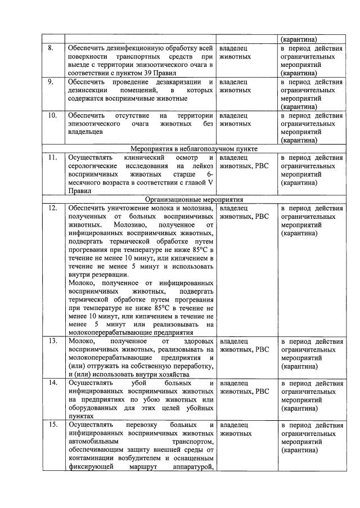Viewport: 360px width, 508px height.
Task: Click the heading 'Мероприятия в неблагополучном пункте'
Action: pyautogui.click(x=194, y=149)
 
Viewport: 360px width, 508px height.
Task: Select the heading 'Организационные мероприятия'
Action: pyautogui.click(x=194, y=199)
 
